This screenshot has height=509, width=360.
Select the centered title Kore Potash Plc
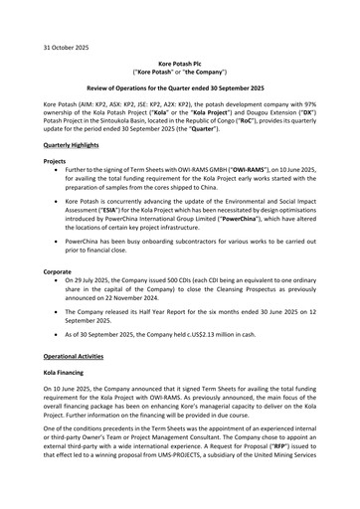point(179,63)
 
